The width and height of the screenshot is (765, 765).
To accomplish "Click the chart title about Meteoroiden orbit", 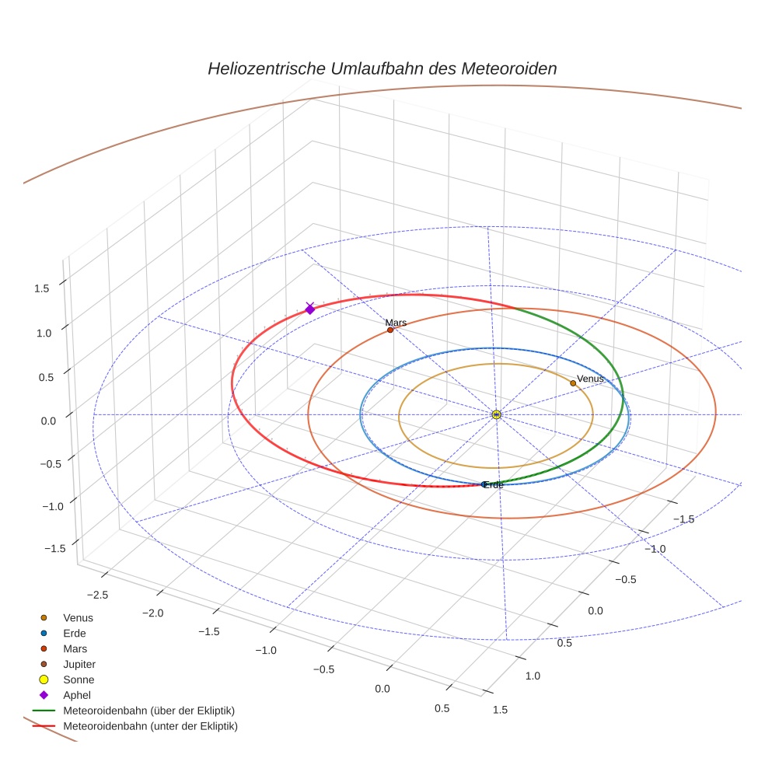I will pyautogui.click(x=382, y=68).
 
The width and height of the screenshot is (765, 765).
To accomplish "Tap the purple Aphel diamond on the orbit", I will pyautogui.click(x=310, y=309).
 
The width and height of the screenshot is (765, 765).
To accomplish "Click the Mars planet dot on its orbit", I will pyautogui.click(x=390, y=330).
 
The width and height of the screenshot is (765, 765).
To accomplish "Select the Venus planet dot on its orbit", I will pyautogui.click(x=573, y=382).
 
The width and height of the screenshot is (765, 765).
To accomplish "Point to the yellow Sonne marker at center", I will pyautogui.click(x=496, y=414).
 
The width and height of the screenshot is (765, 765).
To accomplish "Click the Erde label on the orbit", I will pyautogui.click(x=494, y=485).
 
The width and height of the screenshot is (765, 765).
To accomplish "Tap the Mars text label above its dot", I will pyautogui.click(x=396, y=322).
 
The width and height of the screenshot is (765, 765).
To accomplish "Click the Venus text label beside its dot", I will pyautogui.click(x=590, y=379).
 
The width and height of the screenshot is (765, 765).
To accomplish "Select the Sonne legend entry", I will pyautogui.click(x=79, y=679).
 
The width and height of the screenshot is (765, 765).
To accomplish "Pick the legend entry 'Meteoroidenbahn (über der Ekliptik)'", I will pyautogui.click(x=148, y=711).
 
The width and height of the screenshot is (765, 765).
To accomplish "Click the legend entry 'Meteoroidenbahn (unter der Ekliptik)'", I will pyautogui.click(x=150, y=726).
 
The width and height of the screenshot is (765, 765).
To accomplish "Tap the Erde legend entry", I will pyautogui.click(x=75, y=633).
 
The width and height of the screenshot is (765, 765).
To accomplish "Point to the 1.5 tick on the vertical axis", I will pyautogui.click(x=41, y=288).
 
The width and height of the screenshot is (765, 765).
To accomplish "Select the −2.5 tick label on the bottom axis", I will pyautogui.click(x=98, y=594).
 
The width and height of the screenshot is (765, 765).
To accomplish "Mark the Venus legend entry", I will pyautogui.click(x=78, y=617).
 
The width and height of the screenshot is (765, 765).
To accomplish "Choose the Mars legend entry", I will pyautogui.click(x=75, y=648).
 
